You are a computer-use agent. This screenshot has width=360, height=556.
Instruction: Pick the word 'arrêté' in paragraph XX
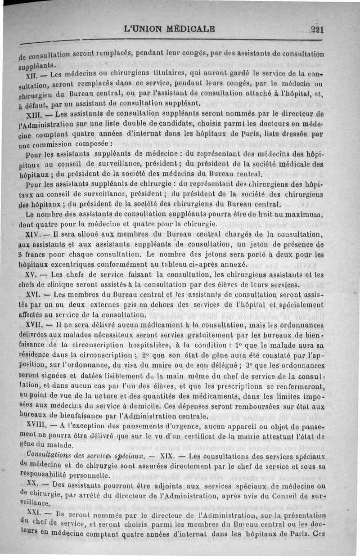79,496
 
